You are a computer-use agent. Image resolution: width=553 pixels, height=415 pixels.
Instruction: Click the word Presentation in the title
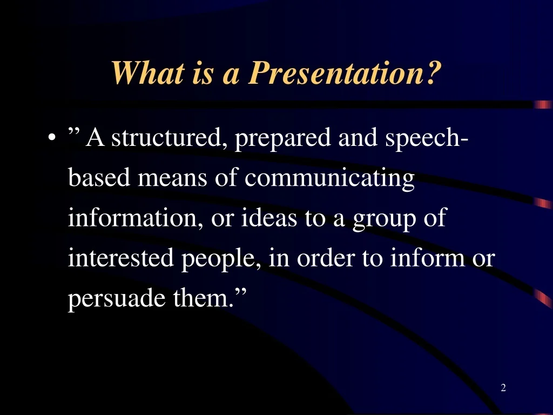pos(336,73)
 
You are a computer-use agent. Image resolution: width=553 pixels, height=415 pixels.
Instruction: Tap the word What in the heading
pos(147,73)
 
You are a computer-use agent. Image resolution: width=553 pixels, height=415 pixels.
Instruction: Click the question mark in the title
pos(434,73)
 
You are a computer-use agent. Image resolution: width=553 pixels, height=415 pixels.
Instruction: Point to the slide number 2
pos(503,387)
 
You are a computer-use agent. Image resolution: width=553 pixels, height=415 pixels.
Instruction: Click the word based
pos(99,177)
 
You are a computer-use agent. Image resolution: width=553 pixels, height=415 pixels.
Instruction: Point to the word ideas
pos(269,217)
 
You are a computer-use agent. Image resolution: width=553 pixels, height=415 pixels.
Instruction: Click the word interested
pos(120,258)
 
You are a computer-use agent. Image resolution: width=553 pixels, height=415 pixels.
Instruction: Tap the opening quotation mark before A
pos(73,131)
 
